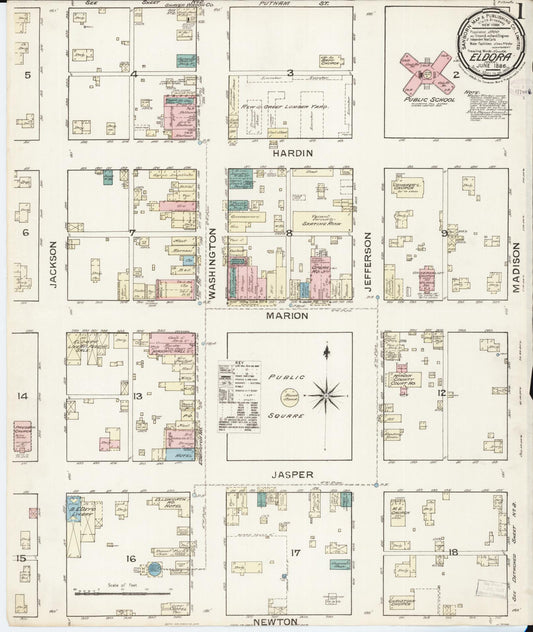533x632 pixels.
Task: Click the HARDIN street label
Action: click(x=293, y=153)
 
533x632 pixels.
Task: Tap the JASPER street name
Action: click(x=290, y=474)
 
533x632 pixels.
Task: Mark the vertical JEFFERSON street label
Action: click(x=368, y=259)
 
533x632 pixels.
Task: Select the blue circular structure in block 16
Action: click(x=155, y=570)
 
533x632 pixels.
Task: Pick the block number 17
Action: click(x=295, y=553)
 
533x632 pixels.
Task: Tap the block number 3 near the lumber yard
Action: click(x=290, y=73)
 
